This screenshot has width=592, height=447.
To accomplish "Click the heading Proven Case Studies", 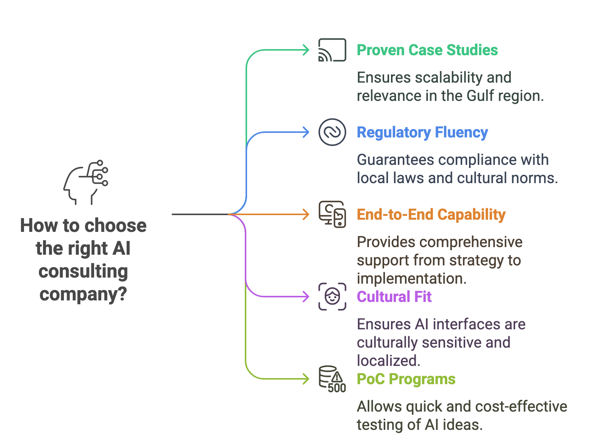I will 427,50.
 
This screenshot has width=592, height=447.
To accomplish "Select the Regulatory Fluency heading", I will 422,132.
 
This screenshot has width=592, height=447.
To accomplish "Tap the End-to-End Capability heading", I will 431,214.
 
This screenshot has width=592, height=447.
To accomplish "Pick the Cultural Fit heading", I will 394,297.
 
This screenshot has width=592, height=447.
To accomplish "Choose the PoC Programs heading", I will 406,379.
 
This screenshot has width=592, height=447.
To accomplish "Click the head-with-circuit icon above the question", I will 86,182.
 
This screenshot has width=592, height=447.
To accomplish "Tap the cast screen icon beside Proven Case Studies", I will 332,50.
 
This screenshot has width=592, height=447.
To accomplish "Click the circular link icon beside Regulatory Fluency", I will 332,132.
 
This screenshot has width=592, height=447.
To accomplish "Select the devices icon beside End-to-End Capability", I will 332,214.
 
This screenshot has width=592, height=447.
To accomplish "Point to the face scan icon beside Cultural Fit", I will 332,297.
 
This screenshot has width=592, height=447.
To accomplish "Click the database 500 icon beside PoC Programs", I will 332,379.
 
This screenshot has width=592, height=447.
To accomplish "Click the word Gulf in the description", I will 480,96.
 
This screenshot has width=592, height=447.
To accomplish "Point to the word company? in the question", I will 83,294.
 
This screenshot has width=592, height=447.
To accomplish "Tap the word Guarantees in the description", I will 395,160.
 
